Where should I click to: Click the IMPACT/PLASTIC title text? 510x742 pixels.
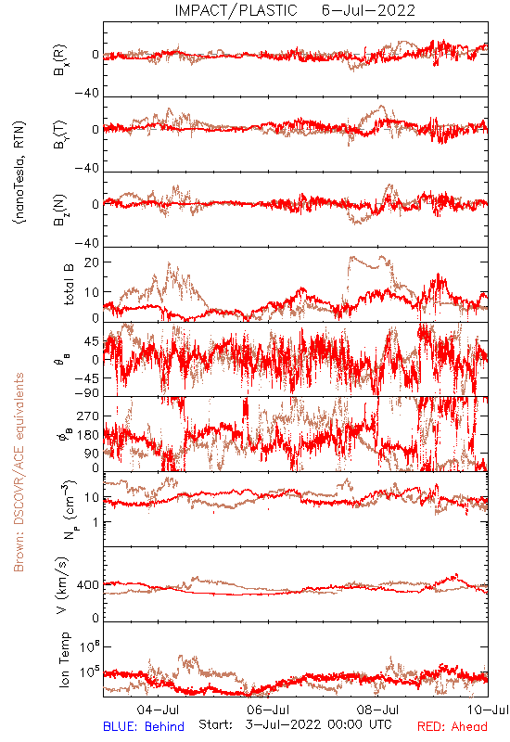[x=236, y=10]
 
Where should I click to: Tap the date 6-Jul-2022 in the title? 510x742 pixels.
[x=368, y=10]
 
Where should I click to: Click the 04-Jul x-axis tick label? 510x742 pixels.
[x=158, y=710]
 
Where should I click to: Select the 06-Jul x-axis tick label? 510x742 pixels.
[x=268, y=710]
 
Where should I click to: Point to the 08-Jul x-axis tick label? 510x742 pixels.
[x=377, y=710]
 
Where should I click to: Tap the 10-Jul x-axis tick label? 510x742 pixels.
[x=488, y=710]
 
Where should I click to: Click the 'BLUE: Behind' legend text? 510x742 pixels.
[x=144, y=726]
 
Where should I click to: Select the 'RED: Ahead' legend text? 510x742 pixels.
[x=453, y=726]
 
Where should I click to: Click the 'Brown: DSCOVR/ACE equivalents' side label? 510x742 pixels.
[x=19, y=472]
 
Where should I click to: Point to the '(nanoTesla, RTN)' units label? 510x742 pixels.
[x=19, y=173]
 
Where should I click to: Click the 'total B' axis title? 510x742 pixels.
[x=69, y=285]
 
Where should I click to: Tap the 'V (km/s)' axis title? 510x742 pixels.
[x=62, y=586]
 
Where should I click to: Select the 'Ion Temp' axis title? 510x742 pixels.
[x=64, y=659]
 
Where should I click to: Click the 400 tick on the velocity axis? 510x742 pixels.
[x=88, y=585]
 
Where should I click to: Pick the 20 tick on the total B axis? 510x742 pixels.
[x=92, y=262]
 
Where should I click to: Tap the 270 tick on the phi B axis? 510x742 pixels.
[x=88, y=416]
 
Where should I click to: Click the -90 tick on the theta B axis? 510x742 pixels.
[x=87, y=393]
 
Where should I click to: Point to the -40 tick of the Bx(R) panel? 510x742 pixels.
[x=87, y=93]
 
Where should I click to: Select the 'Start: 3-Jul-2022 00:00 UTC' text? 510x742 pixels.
[x=295, y=725]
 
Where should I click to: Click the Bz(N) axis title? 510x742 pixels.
[x=59, y=210]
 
